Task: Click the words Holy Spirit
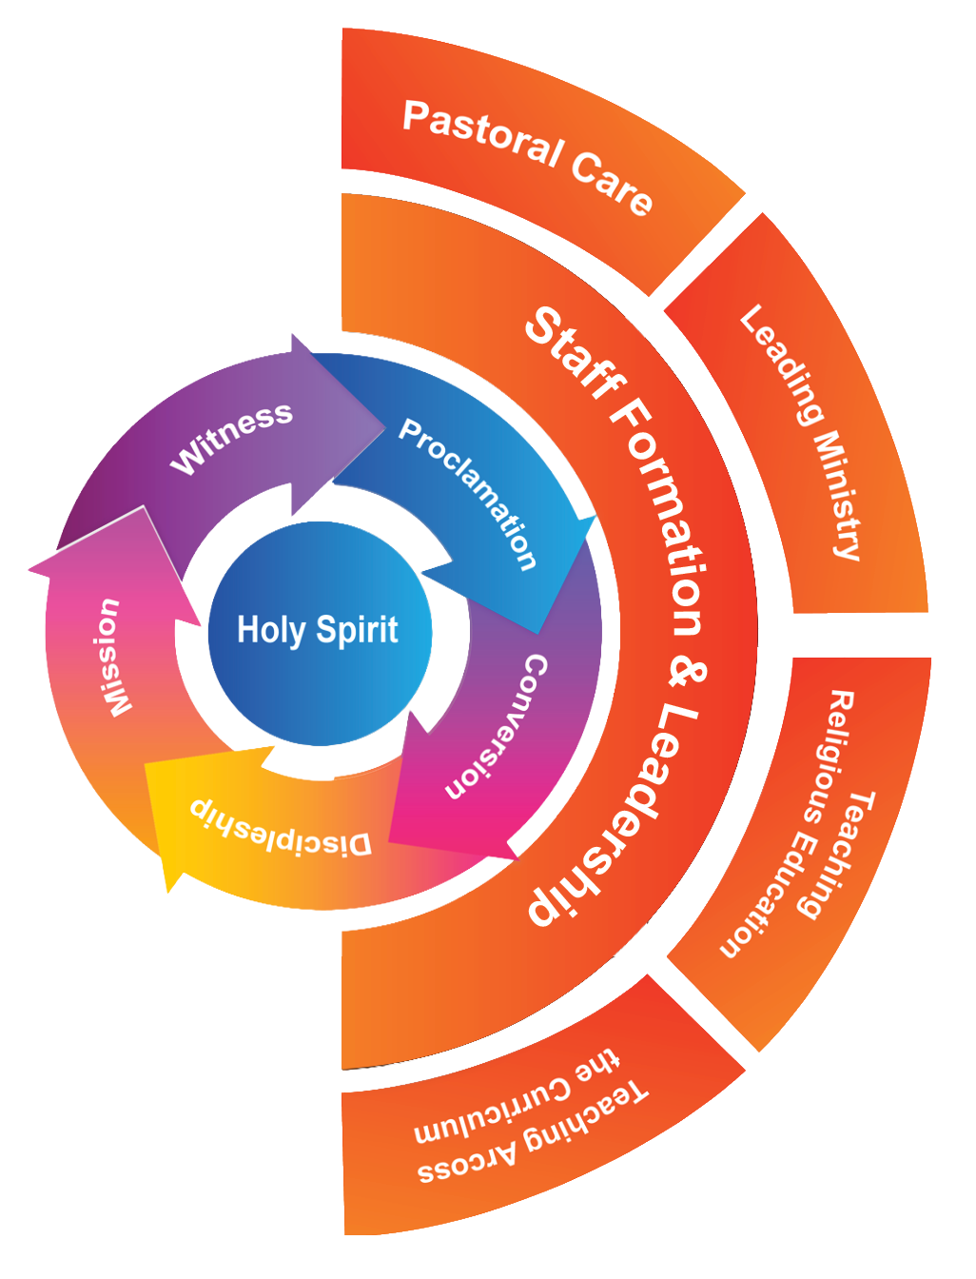318,631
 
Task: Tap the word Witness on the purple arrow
231,438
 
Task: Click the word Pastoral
482,133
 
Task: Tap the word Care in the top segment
611,182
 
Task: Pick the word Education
771,892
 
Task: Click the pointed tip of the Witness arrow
385,428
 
